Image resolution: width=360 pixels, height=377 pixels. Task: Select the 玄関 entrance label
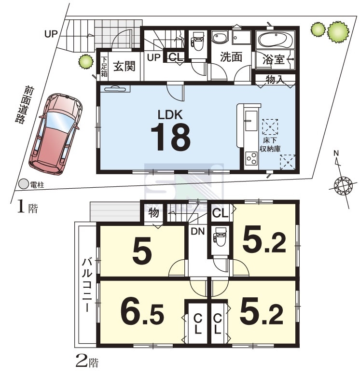click(x=124, y=66)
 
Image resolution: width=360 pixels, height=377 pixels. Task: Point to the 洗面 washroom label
click(x=231, y=57)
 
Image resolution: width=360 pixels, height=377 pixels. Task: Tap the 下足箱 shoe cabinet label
click(x=104, y=67)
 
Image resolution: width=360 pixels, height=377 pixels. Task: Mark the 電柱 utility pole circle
click(x=24, y=184)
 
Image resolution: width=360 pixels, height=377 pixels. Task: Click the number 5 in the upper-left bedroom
click(x=142, y=250)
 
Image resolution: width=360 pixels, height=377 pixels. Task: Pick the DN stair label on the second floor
click(x=198, y=231)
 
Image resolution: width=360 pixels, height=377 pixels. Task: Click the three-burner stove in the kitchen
click(x=251, y=159)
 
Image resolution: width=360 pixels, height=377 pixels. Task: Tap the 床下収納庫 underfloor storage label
click(x=270, y=145)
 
